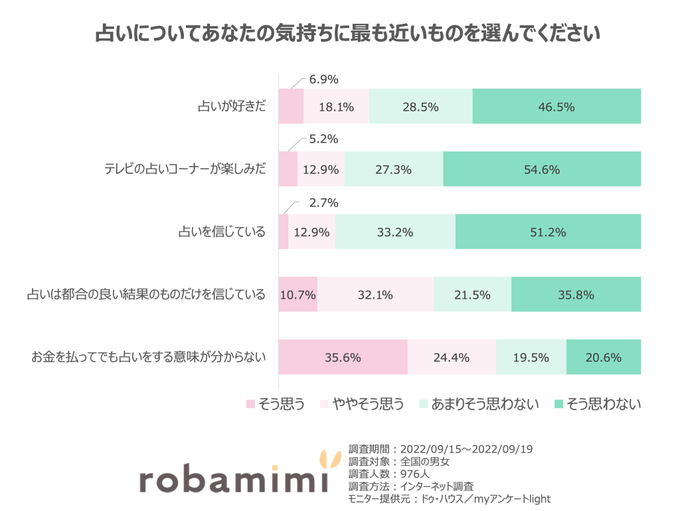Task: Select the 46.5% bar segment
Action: coord(556,106)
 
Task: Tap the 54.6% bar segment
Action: coord(542,169)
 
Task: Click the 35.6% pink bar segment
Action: coord(343,357)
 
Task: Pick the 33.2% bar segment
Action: coord(395,232)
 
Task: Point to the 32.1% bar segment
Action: coord(375,295)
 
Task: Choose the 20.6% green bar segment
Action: coord(603,357)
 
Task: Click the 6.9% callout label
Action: coord(324,80)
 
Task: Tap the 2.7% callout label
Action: coord(324,203)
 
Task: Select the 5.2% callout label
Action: coord(324,140)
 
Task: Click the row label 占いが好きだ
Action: coord(232,106)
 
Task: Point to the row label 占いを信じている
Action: coord(222,232)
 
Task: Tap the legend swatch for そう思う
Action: coord(250,404)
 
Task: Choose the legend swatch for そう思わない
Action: coord(558,404)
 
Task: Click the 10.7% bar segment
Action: coord(297,295)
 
